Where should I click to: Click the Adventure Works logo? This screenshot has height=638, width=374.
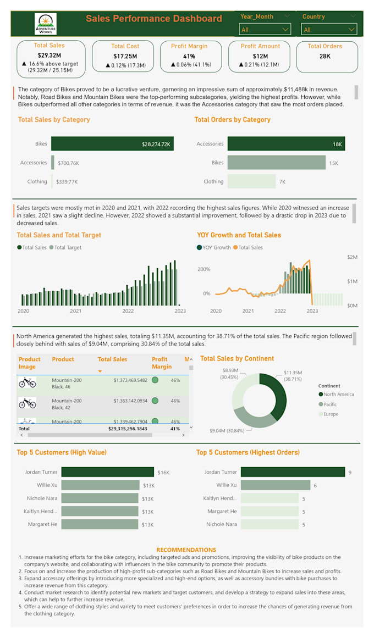pos(45,24)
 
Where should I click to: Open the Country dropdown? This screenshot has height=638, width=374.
pos(329,29)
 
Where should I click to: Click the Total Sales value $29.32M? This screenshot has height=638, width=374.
pos(49,56)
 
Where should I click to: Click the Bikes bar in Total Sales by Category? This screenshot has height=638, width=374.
pos(112,144)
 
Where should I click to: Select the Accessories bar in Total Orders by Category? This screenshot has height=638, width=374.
pos(286,144)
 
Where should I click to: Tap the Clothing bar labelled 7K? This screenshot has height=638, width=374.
pos(251,181)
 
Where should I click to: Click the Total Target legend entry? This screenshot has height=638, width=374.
pos(67,248)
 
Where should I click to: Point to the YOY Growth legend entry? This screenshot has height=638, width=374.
pos(216,248)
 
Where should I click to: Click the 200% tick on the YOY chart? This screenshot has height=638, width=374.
pos(204,269)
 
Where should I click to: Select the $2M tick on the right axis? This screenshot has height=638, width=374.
pos(352,257)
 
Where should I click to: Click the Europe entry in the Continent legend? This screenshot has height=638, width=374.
pos(331,414)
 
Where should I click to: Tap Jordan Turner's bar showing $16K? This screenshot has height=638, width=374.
pos(107,472)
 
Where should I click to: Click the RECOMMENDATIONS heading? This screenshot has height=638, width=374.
pos(186,550)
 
